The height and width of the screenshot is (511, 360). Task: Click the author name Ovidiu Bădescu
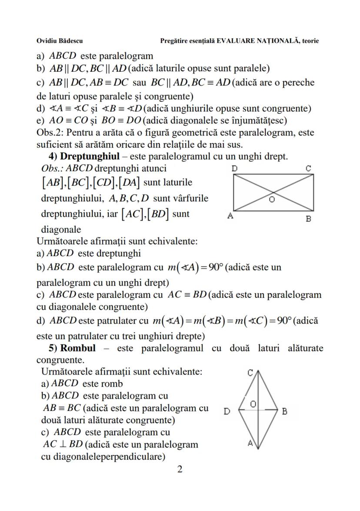point(60,41)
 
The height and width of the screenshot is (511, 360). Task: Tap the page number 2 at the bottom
point(180,469)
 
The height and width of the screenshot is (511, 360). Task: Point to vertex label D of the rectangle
point(234,168)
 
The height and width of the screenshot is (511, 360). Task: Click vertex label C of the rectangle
point(308,168)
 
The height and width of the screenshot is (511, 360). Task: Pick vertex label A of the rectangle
point(230,215)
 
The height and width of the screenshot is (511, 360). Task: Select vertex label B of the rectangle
point(308,219)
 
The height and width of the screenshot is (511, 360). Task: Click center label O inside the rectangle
point(272,200)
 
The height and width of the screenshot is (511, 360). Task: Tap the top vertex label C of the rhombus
point(250,373)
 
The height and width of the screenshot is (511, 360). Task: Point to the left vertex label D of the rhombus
point(227,411)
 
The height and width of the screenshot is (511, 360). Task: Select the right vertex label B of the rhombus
point(284,411)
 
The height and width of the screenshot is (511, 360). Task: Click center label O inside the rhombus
point(253,404)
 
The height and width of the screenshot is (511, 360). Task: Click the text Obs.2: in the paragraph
point(50,132)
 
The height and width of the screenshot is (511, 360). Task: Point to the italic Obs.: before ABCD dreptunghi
point(52,168)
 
